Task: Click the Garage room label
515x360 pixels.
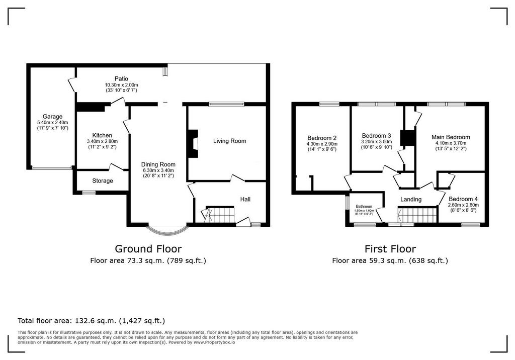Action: coord(52,116)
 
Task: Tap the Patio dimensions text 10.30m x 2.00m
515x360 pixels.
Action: coord(121,85)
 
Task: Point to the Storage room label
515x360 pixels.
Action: coord(102,181)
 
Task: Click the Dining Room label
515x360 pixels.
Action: coord(158,164)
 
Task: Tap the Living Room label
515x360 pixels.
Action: coord(229,141)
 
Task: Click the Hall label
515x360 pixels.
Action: coord(245,199)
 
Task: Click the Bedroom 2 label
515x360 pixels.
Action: coord(322,138)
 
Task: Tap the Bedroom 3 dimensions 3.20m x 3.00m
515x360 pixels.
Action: coord(376,142)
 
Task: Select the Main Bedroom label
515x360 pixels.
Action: coord(451,137)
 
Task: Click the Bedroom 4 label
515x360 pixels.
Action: coord(463,198)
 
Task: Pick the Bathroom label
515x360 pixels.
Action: coord(364,206)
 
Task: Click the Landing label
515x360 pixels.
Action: coord(410,200)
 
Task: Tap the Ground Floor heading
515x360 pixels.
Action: coord(148,248)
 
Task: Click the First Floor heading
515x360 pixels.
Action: coord(390,248)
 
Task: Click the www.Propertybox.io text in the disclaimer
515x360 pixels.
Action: coord(214,342)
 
